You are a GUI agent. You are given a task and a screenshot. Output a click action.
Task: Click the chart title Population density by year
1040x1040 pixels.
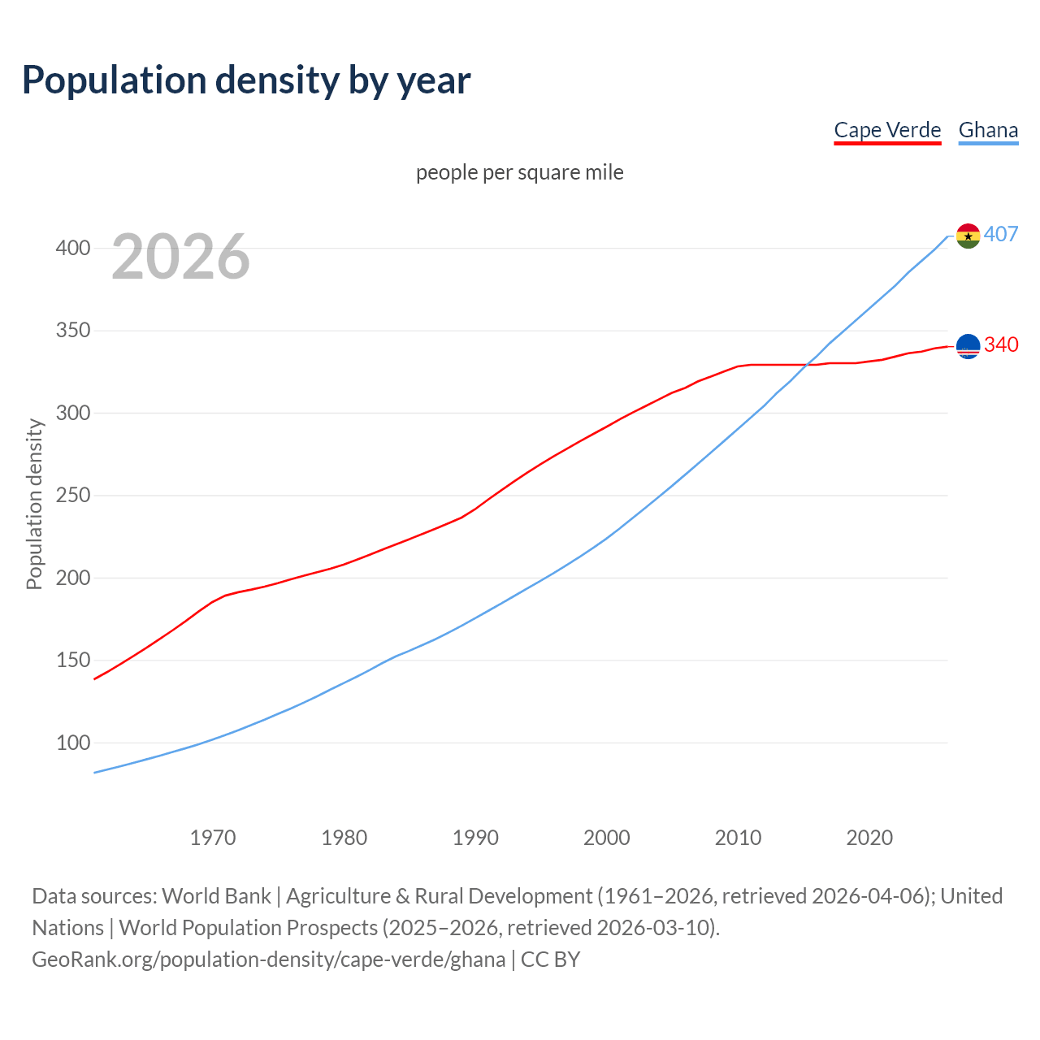tap(246, 80)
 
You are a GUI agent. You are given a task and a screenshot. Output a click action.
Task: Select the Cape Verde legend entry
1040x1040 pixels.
tap(887, 130)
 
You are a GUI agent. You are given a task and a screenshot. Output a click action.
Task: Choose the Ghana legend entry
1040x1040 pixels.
tap(988, 130)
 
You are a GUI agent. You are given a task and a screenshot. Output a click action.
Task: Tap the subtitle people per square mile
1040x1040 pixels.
tap(520, 173)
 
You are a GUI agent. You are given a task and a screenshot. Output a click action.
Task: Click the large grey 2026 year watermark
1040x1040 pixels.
tap(180, 257)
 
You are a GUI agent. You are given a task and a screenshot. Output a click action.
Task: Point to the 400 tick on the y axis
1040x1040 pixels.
tap(73, 249)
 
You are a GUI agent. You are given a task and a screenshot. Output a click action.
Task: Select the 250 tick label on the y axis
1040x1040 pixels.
tap(73, 496)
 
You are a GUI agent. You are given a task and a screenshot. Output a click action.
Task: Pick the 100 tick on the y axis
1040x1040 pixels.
tap(73, 743)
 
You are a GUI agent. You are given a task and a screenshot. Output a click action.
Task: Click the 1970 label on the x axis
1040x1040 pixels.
tap(213, 838)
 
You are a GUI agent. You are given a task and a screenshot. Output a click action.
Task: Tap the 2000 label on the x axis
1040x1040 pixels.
tap(607, 838)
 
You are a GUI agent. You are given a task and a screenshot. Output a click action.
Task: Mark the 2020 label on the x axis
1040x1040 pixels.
tap(869, 838)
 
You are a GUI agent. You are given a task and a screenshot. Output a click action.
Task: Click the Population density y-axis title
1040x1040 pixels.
tap(34, 504)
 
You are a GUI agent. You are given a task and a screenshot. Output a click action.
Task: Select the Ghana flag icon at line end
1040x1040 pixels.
tap(968, 236)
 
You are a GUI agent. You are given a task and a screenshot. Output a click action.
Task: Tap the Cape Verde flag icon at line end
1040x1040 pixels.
tap(968, 346)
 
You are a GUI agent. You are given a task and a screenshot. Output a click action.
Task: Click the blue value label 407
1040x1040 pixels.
tap(1001, 235)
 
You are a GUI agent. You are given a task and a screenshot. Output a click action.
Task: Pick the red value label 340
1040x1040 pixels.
tap(1001, 345)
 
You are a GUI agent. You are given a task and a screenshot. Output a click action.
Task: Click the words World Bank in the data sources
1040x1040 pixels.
tap(216, 896)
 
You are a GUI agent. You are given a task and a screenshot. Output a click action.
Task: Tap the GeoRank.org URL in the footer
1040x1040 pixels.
tap(268, 960)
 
